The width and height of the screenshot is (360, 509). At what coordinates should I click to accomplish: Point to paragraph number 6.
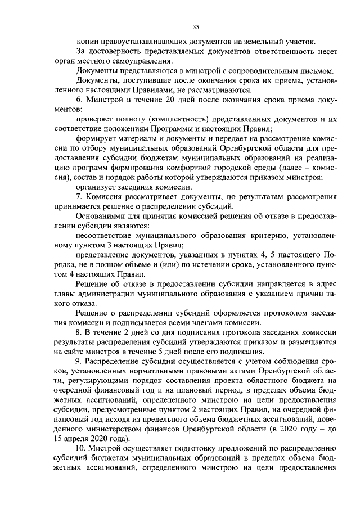[79, 100]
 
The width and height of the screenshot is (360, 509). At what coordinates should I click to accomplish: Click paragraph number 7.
[79, 198]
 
